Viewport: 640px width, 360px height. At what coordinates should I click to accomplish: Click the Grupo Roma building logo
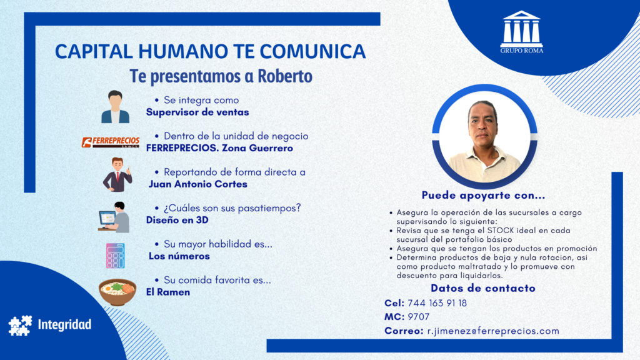tap(522, 32)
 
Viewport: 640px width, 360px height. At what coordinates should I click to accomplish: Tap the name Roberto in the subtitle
tap(285, 76)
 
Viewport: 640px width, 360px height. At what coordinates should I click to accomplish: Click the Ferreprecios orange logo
tap(111, 142)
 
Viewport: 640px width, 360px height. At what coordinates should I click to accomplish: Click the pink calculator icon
tap(116, 256)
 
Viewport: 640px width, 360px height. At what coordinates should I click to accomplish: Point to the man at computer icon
tap(114, 217)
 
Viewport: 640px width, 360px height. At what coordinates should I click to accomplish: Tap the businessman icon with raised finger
tap(117, 175)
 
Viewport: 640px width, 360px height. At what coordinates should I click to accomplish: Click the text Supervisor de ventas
tap(197, 112)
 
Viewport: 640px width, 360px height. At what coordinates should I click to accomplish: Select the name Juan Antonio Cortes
tap(198, 184)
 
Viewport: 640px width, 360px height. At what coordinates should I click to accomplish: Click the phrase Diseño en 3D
tap(177, 220)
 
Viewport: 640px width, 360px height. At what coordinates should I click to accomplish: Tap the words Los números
tap(179, 256)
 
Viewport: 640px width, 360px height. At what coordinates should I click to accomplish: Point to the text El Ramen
tap(168, 292)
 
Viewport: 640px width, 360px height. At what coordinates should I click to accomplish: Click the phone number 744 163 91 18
tap(437, 303)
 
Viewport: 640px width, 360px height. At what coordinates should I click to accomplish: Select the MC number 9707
tap(418, 317)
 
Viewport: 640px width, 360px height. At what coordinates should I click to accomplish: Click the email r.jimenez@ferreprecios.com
tap(493, 331)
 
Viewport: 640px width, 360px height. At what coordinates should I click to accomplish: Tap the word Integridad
tap(64, 325)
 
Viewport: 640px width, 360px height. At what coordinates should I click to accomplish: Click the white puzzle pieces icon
tap(21, 325)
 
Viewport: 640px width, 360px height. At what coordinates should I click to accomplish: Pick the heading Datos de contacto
tap(483, 288)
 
